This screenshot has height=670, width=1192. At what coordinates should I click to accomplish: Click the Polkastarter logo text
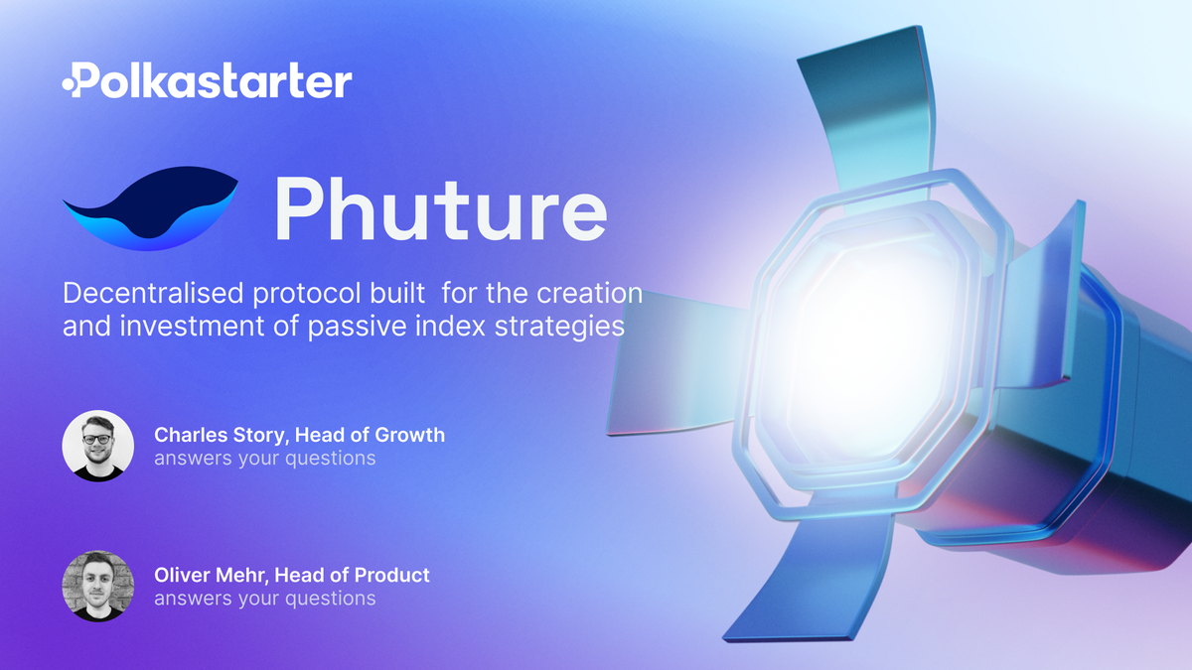click(x=214, y=81)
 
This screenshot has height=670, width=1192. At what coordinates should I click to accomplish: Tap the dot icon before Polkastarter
click(x=70, y=85)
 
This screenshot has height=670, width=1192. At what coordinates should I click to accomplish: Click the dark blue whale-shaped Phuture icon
click(x=149, y=209)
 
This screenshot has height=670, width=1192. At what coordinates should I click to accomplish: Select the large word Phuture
click(x=439, y=209)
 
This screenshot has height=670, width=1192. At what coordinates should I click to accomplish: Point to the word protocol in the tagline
click(x=324, y=295)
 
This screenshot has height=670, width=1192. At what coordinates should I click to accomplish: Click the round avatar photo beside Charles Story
click(x=97, y=446)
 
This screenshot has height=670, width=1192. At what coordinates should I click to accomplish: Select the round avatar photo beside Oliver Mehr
click(x=97, y=586)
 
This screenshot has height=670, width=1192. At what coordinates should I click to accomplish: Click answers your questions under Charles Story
click(x=264, y=459)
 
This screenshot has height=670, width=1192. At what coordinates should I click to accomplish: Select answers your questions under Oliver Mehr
click(x=264, y=599)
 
